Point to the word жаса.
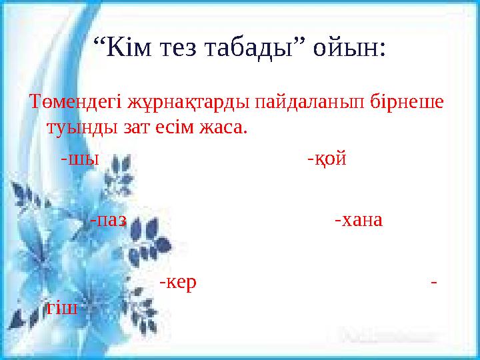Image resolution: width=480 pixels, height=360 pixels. [224, 127]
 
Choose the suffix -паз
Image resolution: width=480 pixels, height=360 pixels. [108, 220]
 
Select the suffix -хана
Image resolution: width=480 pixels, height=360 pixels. [359, 220]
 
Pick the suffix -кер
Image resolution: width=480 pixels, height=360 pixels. [178, 283]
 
